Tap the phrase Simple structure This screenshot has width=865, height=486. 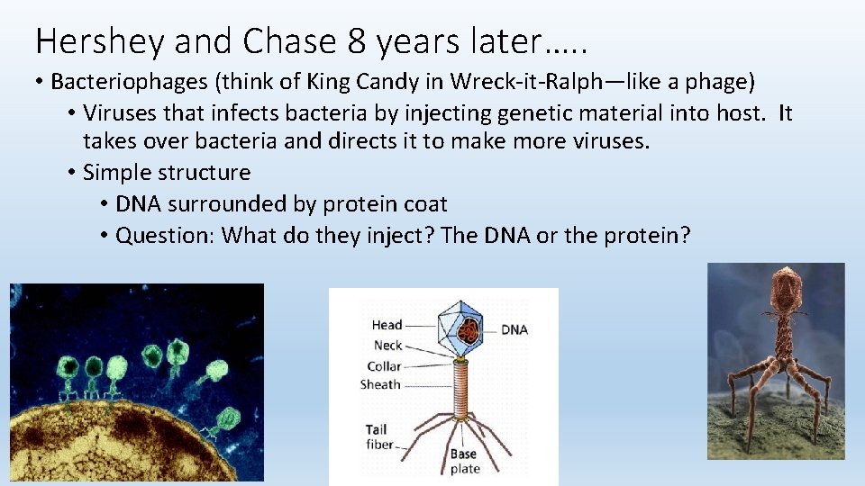167,172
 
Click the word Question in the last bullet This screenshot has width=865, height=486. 164,236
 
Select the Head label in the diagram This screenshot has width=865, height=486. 387,325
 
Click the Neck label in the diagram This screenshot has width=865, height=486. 387,346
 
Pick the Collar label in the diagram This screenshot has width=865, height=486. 384,366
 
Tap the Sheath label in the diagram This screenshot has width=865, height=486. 380,384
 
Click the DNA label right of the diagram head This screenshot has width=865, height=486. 514,329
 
